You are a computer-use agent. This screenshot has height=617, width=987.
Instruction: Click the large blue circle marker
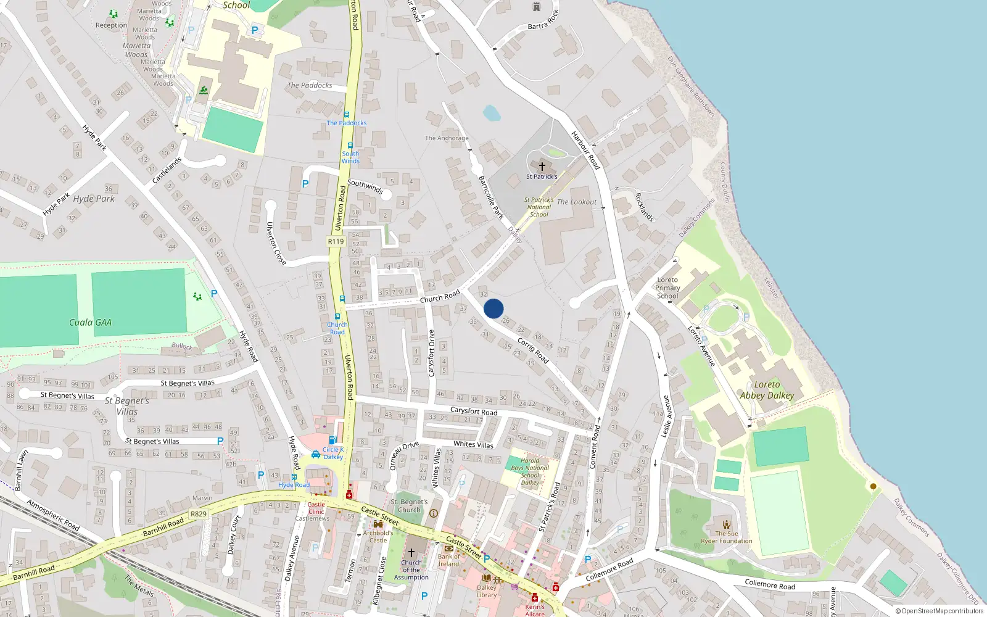tap(493, 308)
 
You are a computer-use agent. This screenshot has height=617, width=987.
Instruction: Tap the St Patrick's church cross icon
tap(542, 167)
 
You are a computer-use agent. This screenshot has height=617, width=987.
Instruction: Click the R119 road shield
tap(336, 241)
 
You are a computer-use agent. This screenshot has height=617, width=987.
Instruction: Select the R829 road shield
tap(199, 514)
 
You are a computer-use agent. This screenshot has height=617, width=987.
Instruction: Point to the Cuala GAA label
tap(90, 322)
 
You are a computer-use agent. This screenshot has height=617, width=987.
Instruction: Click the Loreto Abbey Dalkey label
tap(767, 390)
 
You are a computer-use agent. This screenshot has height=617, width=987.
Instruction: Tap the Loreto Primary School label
tap(667, 288)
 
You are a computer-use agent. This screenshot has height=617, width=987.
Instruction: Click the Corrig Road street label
tap(533, 350)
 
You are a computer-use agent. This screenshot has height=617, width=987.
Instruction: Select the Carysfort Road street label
tap(473, 411)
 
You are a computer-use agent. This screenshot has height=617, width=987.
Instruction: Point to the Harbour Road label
tap(585, 150)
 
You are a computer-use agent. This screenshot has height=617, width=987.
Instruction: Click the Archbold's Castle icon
tap(378, 524)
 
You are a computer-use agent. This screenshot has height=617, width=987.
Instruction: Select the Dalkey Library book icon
tap(486, 578)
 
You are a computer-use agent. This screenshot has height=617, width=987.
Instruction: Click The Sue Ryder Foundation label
tap(726, 537)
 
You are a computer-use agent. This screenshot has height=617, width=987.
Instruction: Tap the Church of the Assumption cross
tap(411, 552)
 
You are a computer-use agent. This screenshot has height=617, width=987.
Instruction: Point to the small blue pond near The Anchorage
tap(492, 114)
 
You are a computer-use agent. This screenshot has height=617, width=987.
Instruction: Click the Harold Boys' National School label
tap(530, 471)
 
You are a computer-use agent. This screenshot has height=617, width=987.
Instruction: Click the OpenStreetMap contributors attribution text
tap(939, 611)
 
